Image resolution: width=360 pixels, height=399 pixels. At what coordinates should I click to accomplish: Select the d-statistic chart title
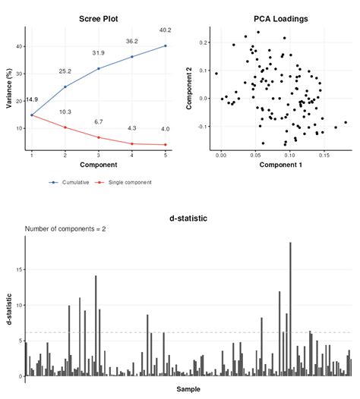(x=188, y=218)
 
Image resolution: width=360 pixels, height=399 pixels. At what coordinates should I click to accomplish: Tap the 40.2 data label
(x=165, y=30)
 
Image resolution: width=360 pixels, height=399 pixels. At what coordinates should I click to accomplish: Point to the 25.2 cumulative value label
(x=65, y=71)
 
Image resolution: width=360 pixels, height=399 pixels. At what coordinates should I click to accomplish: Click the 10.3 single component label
(x=65, y=112)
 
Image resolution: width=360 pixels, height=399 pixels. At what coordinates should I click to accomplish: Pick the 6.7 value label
(x=99, y=122)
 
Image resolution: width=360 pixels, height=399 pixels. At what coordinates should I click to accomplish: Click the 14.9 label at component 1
(x=31, y=99)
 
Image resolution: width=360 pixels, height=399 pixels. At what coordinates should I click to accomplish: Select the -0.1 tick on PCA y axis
(x=202, y=126)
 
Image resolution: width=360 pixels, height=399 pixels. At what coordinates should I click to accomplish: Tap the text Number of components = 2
(x=65, y=228)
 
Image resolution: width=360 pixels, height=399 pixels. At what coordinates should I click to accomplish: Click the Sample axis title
(x=188, y=389)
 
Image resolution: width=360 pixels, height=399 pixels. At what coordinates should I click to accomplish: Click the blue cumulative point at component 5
(x=165, y=46)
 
